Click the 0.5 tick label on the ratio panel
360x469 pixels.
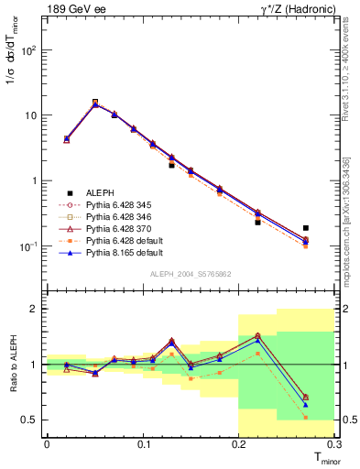31,420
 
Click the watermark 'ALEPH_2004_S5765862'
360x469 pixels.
190,273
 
